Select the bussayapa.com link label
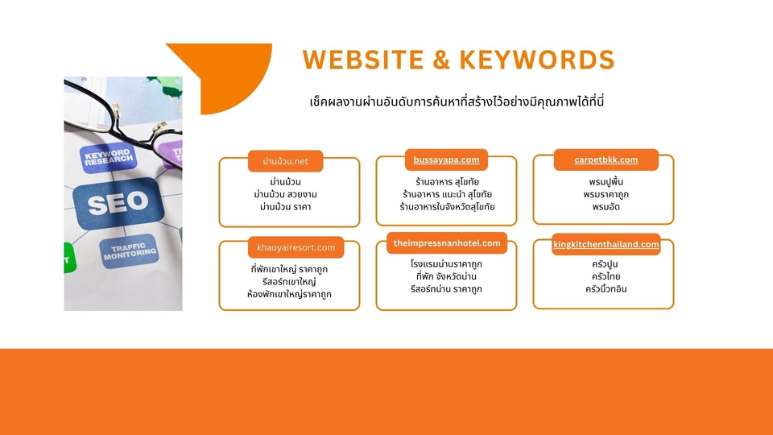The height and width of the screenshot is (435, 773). point(446,160)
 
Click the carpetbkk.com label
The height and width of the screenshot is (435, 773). point(606,160)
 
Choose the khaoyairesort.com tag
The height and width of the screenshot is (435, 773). point(296,247)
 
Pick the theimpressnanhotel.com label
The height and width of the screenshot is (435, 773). point(446,243)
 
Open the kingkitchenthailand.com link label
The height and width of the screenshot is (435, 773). point(606,245)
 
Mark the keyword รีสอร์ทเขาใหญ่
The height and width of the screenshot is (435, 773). point(289,282)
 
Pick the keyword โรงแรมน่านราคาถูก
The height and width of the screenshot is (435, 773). point(446,264)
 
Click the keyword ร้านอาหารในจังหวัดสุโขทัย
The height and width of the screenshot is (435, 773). point(447,207)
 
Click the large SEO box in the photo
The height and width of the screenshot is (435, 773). point(118,202)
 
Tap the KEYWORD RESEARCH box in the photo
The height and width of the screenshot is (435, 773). point(107,156)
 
